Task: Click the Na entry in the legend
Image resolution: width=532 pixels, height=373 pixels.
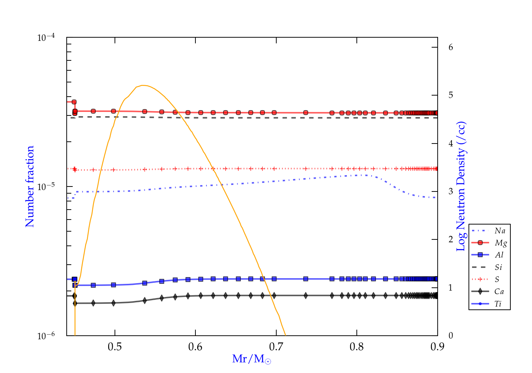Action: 500,231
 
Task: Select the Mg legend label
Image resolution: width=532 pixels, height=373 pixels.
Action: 500,243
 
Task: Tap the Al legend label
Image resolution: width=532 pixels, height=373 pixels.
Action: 499,255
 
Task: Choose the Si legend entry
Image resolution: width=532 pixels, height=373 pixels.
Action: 499,267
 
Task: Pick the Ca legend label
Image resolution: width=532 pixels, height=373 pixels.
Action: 499,292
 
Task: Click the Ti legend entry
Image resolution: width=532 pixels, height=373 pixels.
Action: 498,304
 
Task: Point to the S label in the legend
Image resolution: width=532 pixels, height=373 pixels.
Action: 497,280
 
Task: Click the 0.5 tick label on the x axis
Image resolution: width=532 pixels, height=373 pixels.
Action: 115,347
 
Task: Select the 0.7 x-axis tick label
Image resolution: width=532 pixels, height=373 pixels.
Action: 276,347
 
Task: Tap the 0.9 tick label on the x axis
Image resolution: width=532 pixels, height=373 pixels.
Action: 437,347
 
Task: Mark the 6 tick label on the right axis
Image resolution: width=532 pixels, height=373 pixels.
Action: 451,47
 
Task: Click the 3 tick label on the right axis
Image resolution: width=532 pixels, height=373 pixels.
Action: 451,191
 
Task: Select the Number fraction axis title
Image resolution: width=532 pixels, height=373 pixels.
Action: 30,186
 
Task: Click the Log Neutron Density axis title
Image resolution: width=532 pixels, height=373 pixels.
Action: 461,186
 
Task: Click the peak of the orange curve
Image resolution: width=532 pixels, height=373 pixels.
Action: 143,85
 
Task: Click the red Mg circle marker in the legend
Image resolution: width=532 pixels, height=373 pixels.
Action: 480,243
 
